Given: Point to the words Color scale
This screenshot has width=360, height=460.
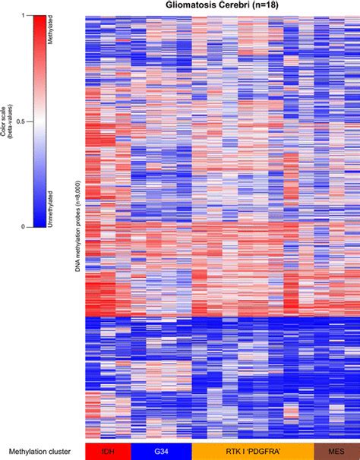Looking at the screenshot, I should click(x=5, y=121).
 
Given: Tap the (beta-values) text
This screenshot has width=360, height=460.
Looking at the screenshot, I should click(x=13, y=121).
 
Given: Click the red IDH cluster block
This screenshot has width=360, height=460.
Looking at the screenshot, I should click(x=107, y=451).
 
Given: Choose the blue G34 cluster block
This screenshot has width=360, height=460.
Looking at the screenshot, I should click(x=161, y=451).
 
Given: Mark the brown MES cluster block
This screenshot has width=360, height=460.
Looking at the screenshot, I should click(x=336, y=451).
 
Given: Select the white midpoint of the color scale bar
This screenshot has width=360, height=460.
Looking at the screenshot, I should click(x=38, y=121).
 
